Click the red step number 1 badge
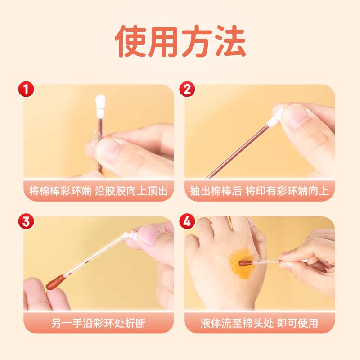point(26,89)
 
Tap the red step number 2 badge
point(187,89)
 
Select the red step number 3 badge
point(26,221)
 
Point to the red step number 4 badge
point(187,221)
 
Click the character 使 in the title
point(130,41)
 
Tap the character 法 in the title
point(231,41)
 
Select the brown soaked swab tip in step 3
point(55,282)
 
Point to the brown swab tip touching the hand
point(245,263)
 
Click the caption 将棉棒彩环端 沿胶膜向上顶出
point(98,191)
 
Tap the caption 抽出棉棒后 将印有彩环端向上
point(260,191)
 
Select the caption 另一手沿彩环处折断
point(98,323)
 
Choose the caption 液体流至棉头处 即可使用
point(260,323)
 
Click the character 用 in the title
point(163,41)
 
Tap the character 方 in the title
point(197,41)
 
